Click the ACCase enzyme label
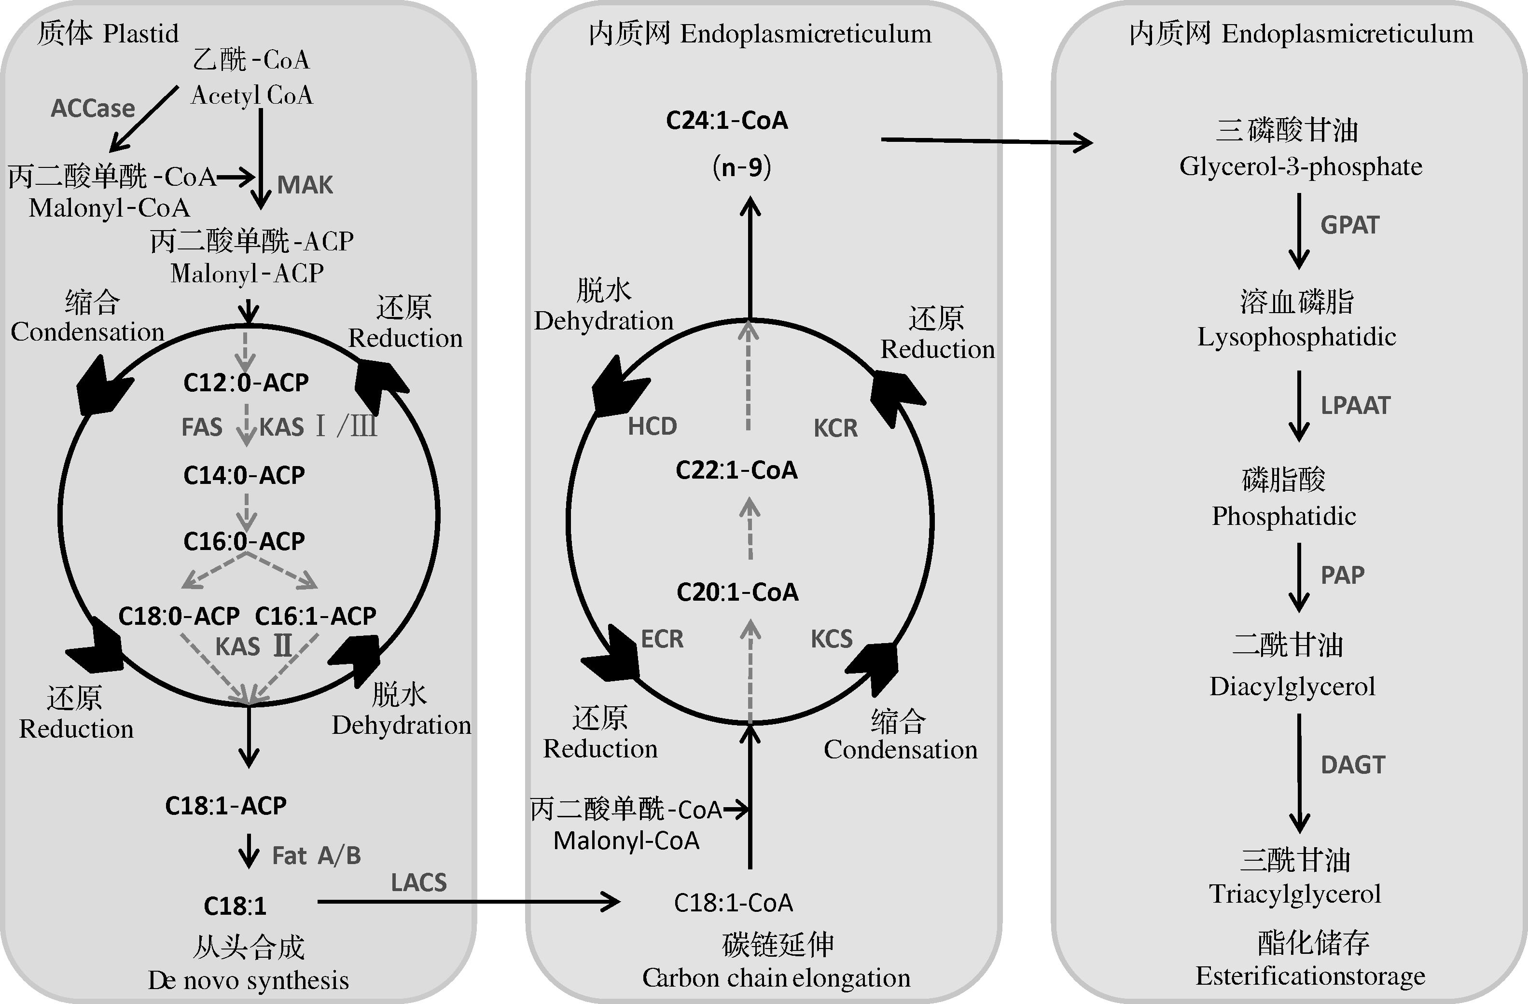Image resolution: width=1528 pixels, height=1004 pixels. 93,109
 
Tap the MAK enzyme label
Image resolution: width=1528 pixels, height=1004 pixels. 305,185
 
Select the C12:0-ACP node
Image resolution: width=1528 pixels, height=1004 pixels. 246,383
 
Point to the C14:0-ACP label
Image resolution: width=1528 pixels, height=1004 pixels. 244,475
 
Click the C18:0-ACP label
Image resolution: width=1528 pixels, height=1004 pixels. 179,616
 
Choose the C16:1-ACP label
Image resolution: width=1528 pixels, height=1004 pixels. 315,616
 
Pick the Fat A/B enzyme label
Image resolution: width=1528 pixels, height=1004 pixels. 317,856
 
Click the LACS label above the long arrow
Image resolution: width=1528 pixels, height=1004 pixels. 418,883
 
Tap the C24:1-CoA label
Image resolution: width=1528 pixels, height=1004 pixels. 727,121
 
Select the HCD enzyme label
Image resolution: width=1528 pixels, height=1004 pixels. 653,426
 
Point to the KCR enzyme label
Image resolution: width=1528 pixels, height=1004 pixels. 835,428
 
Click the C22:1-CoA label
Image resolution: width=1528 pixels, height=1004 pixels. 736,470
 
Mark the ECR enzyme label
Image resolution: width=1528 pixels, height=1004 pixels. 662,639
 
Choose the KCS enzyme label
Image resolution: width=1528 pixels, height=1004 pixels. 832,639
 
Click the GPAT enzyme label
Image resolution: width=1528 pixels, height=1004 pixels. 1349,225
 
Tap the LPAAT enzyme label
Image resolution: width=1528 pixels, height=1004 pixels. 1355,406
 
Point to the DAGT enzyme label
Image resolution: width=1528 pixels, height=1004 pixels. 1353,765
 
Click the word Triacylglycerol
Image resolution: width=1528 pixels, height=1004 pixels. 1295,894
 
